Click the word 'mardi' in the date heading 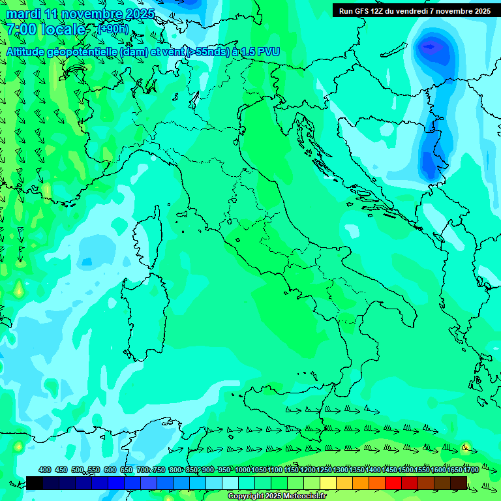[24, 14]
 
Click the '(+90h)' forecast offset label [113, 29]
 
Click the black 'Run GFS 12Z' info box [414, 10]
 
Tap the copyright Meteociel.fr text [277, 496]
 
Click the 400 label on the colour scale [45, 470]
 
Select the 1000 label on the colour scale [243, 470]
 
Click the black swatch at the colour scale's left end [35, 483]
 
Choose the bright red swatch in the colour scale [393, 483]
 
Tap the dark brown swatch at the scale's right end [459, 483]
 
